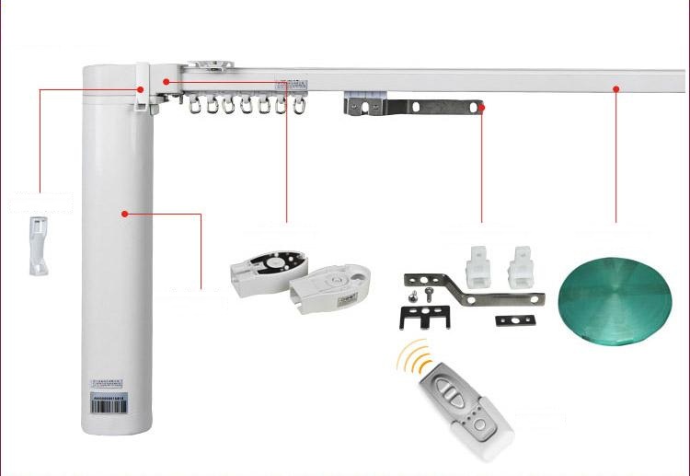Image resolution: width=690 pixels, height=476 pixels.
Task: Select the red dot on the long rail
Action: (616, 88)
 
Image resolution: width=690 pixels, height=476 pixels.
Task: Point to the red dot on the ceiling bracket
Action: (481, 107)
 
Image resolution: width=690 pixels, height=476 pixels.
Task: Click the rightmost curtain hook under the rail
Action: (298, 108)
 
